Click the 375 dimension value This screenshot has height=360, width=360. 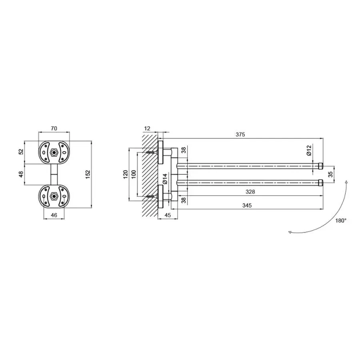click(x=240, y=134)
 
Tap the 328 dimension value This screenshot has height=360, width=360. click(x=250, y=192)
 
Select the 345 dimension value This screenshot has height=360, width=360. click(x=247, y=205)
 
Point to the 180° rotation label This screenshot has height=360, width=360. click(x=341, y=221)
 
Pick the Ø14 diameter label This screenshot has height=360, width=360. click(x=165, y=179)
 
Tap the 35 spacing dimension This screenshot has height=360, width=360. click(x=330, y=174)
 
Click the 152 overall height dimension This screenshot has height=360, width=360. click(x=88, y=174)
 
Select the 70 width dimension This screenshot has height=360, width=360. click(x=54, y=128)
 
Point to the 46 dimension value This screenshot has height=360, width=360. click(x=54, y=215)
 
